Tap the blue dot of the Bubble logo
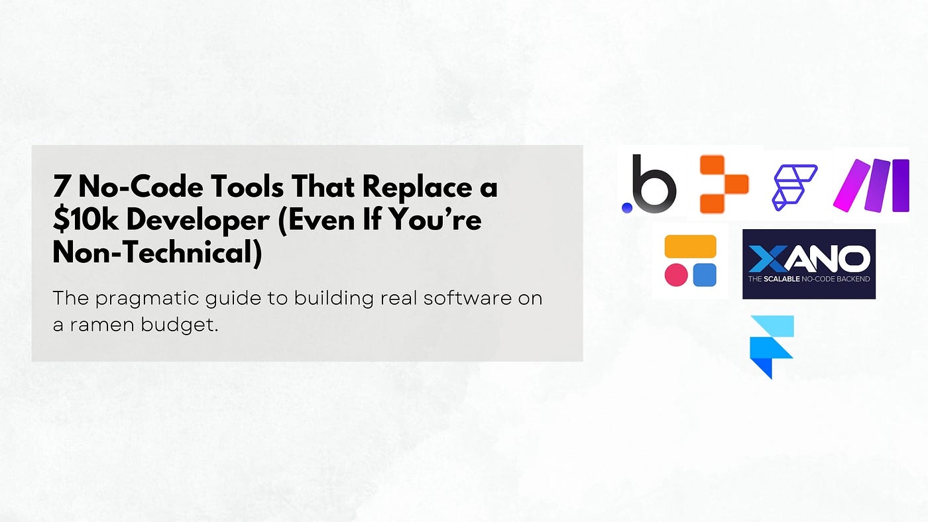coord(627,208)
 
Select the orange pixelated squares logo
coord(724,184)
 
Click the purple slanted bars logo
coord(871,185)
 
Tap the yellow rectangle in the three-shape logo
coord(690,246)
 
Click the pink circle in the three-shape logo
coord(676,275)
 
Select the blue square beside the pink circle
coord(704,275)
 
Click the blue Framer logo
coord(772,347)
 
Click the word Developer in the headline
coord(198,220)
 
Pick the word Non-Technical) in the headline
coord(158,252)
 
